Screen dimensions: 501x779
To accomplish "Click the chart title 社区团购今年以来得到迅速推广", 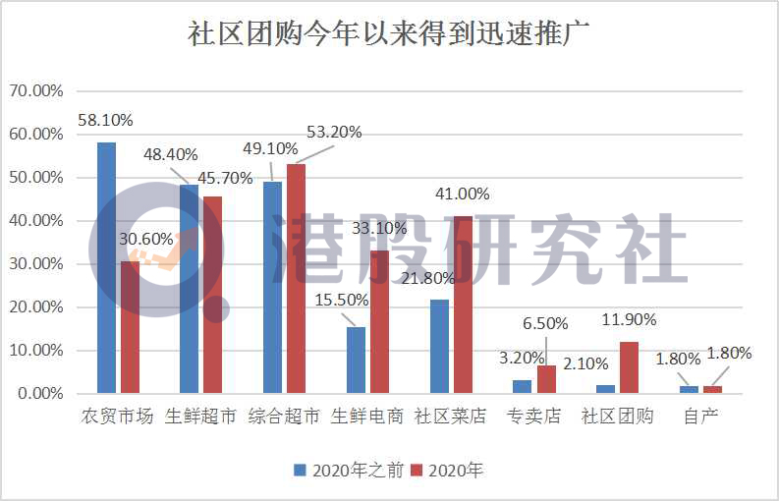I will pyautogui.click(x=389, y=32).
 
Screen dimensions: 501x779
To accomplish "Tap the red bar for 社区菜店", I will pyautogui.click(x=463, y=305).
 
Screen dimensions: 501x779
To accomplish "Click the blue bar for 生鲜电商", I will pyautogui.click(x=356, y=360).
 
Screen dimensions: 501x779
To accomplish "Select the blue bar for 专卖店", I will pyautogui.click(x=522, y=386).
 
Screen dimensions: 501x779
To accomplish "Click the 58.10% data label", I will pyautogui.click(x=105, y=120).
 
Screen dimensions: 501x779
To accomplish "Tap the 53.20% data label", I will pyautogui.click(x=334, y=132).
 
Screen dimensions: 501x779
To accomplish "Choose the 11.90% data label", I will pyautogui.click(x=629, y=319).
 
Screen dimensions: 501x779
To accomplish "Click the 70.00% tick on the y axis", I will pyautogui.click(x=35, y=91).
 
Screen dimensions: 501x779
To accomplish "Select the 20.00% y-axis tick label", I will pyautogui.click(x=35, y=307).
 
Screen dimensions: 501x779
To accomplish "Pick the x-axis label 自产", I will pyautogui.click(x=701, y=417).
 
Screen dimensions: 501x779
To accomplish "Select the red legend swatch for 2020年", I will pyautogui.click(x=416, y=471).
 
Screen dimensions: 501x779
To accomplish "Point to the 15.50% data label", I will pyautogui.click(x=341, y=300).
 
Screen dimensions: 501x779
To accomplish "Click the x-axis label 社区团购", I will pyautogui.click(x=617, y=417).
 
